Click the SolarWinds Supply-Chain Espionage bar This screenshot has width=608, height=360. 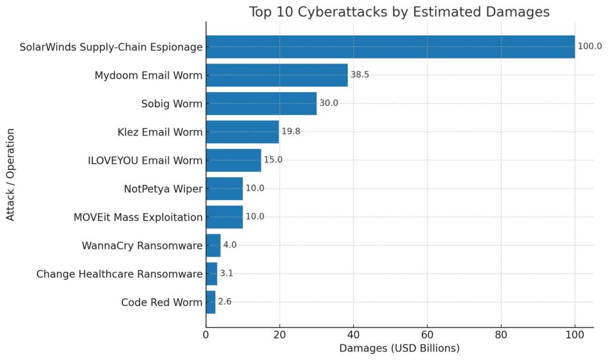[x=390, y=46]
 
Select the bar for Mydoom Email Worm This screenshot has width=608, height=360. [x=277, y=75]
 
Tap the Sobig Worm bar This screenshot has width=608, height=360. [x=261, y=103]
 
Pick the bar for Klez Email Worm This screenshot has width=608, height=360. [x=242, y=131]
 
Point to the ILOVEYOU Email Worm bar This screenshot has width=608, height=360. [x=233, y=160]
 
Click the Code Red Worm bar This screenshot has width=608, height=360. [x=211, y=302]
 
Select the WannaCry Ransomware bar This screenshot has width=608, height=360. [x=213, y=245]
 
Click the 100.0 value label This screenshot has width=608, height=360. [x=590, y=46]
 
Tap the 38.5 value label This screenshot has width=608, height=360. [x=360, y=75]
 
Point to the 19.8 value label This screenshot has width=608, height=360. [x=291, y=131]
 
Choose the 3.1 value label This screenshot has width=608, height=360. [x=226, y=273]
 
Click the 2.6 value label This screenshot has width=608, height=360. [x=224, y=302]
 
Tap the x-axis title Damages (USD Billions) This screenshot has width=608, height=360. [x=399, y=348]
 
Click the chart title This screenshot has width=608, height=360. [x=399, y=11]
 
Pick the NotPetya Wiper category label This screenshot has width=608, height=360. [x=163, y=188]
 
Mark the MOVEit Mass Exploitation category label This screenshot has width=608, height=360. [x=138, y=217]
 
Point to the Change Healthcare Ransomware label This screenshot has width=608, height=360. [x=119, y=273]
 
